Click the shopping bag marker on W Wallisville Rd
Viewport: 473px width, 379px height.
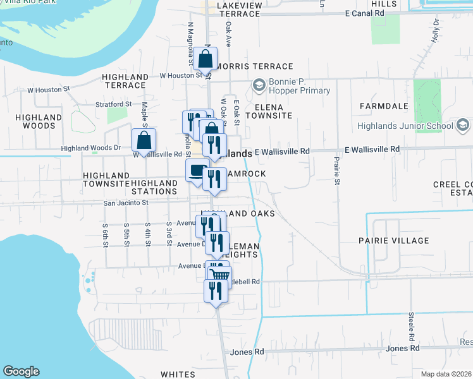pyautogui.click(x=144, y=140)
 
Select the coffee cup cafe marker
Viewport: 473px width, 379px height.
pyautogui.click(x=197, y=171)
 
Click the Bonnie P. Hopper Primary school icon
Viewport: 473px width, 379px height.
pyautogui.click(x=259, y=85)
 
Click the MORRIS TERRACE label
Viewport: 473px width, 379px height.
pyautogui.click(x=254, y=66)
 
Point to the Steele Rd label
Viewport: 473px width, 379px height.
pyautogui.click(x=411, y=324)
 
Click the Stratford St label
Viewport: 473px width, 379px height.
pyautogui.click(x=113, y=103)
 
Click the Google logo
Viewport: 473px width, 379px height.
pyautogui.click(x=21, y=371)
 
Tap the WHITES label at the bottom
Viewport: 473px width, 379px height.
pyautogui.click(x=178, y=375)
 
